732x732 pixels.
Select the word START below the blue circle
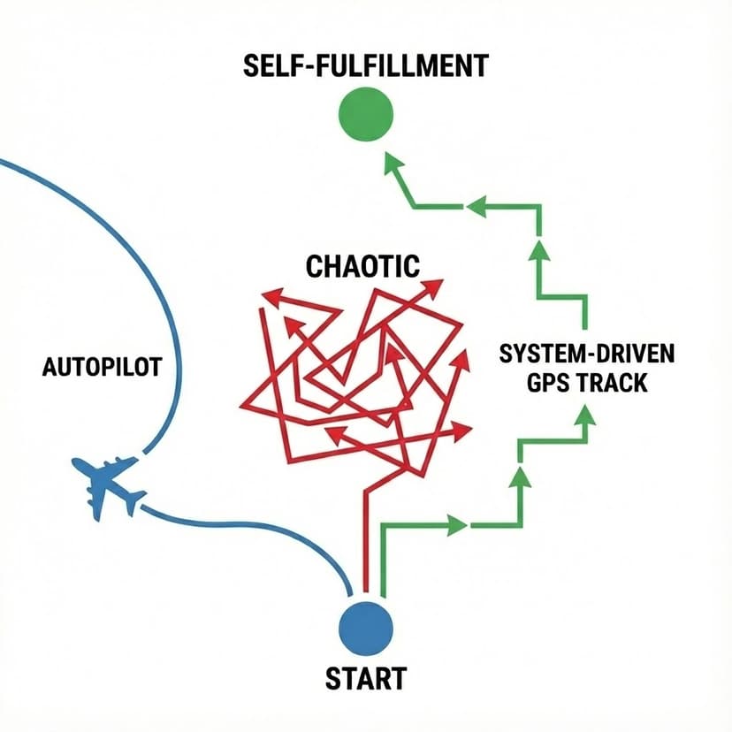point(365,679)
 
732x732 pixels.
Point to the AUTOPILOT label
point(102,367)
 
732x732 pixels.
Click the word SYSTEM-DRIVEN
point(586,355)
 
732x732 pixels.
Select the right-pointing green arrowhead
point(457,526)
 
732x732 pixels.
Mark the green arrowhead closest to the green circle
point(393,162)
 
